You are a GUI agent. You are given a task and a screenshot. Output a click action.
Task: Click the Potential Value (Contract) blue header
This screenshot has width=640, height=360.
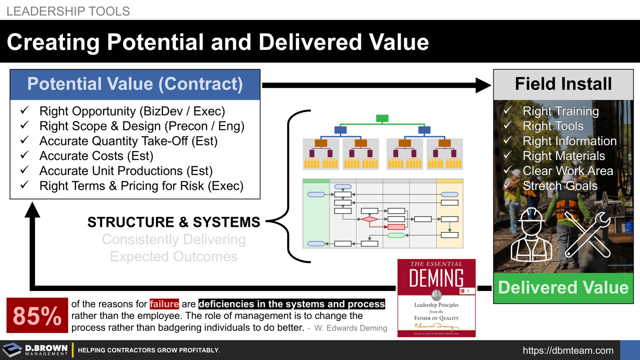tap(135, 84)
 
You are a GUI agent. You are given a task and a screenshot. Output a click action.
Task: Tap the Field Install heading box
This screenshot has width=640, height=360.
tap(563, 84)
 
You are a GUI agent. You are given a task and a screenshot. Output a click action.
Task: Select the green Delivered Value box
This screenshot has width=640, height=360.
tap(563, 287)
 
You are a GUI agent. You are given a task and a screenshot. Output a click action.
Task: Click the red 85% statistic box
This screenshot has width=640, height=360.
tap(37, 315)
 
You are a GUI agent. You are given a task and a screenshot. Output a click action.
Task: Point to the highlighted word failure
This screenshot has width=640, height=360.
tap(164, 304)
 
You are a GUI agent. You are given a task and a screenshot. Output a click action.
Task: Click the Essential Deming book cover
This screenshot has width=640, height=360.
tap(436, 298)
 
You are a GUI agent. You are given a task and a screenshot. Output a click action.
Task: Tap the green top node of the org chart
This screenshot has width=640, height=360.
tap(382, 118)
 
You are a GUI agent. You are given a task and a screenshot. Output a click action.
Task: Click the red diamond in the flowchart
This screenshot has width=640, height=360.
tap(369, 219)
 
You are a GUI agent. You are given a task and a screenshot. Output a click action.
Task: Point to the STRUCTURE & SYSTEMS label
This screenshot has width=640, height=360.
tap(173, 222)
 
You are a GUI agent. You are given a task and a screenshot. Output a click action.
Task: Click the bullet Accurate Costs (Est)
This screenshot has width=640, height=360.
tap(96, 156)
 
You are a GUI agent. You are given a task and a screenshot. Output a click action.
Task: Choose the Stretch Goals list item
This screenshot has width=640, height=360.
tap(559, 186)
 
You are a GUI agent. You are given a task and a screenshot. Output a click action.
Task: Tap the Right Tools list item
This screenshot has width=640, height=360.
tap(552, 126)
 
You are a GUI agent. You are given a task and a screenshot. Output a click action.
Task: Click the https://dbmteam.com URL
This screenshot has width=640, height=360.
tap(568, 350)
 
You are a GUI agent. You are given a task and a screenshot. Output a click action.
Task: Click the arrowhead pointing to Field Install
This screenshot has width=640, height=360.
tap(483, 85)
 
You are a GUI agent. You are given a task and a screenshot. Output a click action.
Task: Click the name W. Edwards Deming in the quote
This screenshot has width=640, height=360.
tap(351, 328)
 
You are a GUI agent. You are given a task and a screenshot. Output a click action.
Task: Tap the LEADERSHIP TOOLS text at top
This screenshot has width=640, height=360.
tap(68, 11)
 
